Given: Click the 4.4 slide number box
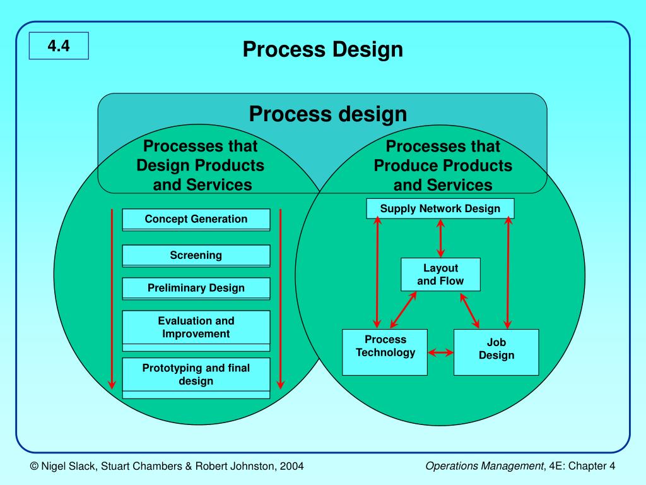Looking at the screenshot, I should (x=58, y=45).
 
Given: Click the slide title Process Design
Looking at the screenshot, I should (x=322, y=49).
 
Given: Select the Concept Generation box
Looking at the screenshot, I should (x=196, y=219).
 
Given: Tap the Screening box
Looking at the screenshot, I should (x=196, y=256).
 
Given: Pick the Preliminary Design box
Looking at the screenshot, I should (x=196, y=288).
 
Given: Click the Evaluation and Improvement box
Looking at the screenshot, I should (x=196, y=328).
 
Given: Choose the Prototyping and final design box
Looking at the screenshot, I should (x=196, y=374).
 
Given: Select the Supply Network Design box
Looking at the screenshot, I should (x=440, y=208).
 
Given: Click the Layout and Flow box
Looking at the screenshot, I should (x=440, y=275).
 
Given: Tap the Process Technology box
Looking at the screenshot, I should (x=385, y=352).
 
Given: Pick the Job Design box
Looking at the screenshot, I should (x=496, y=352).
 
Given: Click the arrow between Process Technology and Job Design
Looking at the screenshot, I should (x=440, y=352).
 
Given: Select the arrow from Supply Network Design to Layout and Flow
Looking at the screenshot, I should (x=440, y=238).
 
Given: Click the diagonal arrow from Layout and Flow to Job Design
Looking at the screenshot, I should (x=471, y=309).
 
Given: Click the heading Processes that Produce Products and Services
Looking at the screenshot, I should (x=443, y=165).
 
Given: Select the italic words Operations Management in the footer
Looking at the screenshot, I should (x=484, y=466).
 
